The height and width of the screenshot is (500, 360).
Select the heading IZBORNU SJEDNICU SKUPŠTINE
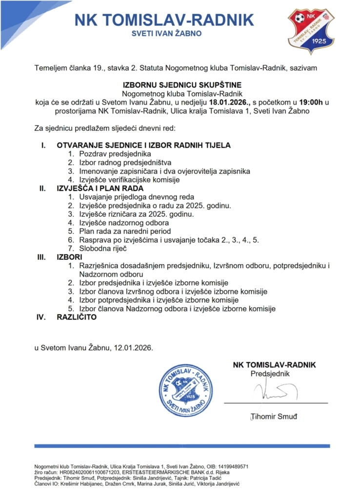pos(180,83)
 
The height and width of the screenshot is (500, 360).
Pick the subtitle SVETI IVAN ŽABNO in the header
pos(167,34)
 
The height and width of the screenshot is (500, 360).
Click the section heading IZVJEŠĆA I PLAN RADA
pos(100,188)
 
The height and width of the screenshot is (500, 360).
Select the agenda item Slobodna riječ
pos(103,249)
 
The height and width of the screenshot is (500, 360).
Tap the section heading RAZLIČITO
pos(77,317)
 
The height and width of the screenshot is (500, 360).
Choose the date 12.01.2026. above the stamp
pos(133,348)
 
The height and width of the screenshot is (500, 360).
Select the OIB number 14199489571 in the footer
pos(232,466)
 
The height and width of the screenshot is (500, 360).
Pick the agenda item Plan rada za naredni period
pos(125,231)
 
